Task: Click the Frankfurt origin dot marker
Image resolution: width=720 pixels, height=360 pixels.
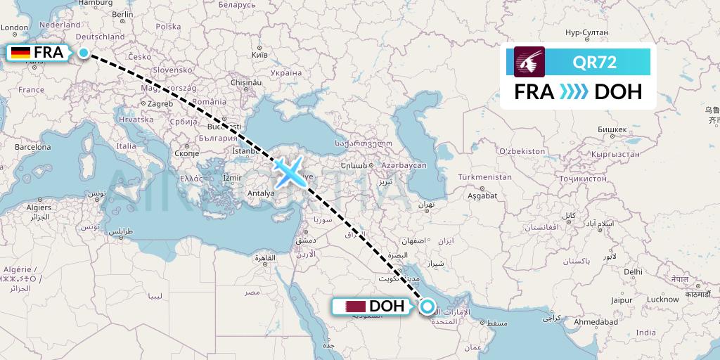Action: coord(84,53)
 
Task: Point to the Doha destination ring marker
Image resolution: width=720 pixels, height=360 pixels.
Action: coord(427,306)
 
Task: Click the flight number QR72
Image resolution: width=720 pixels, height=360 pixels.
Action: coord(594,62)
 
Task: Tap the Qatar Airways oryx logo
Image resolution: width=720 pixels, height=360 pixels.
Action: coord(529,62)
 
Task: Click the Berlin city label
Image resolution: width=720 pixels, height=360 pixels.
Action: coord(123,14)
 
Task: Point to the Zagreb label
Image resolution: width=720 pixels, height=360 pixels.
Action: coord(160,103)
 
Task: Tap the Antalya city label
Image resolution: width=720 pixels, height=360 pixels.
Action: coord(261,193)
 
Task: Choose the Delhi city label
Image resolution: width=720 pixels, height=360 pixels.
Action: coord(633,271)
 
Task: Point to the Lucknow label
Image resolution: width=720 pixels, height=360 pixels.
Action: coord(663,299)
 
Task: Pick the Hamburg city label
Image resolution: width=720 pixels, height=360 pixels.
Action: coord(96,3)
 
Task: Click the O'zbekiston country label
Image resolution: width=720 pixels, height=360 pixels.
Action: coord(522,151)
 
